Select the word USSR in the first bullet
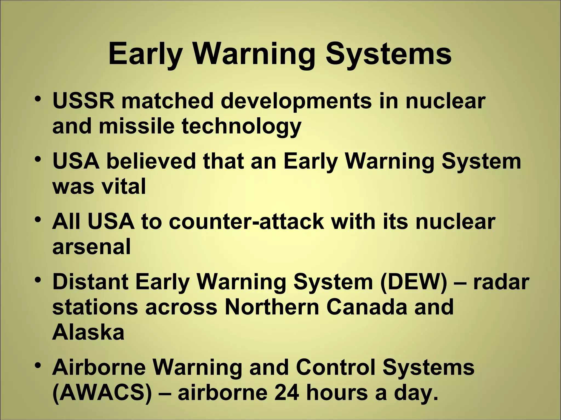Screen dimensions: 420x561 (84, 101)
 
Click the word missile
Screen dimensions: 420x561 (136, 126)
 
